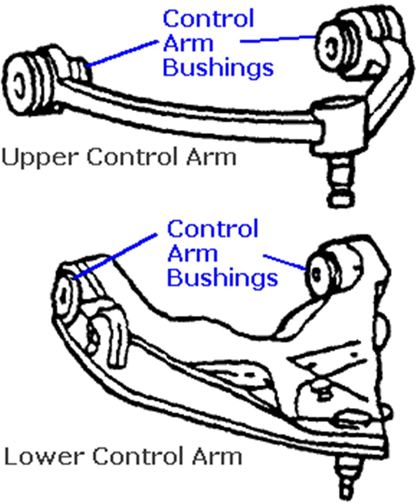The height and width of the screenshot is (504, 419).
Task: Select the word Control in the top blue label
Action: [x=208, y=19]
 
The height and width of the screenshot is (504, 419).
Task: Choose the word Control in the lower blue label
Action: [x=213, y=229]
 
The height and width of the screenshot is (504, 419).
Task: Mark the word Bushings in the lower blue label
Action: [x=222, y=278]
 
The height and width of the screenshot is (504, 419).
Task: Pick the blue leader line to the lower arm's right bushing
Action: [x=284, y=263]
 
